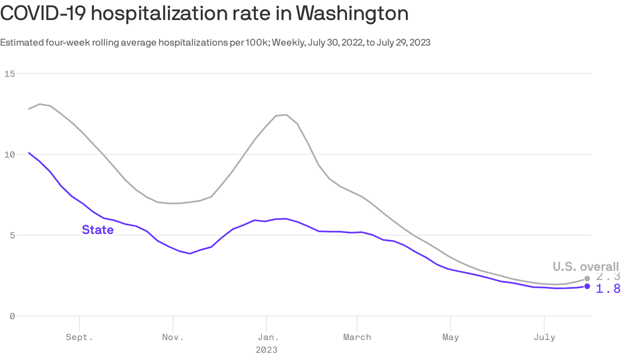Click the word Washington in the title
coord(352,13)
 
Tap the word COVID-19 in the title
coord(43,13)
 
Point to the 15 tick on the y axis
coord(10,74)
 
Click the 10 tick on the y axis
coord(10,155)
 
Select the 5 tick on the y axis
coord(12,235)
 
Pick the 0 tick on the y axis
coord(12,316)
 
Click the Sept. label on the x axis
coord(79,337)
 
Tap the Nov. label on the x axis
coord(173,337)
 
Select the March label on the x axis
coord(357,337)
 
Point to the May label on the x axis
coord(450,337)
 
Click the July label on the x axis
coord(544,337)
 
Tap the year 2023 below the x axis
coord(266,350)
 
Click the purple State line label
coord(98,230)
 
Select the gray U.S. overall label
coord(586,267)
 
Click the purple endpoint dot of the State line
coord(587,286)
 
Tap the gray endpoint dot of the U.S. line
coord(587,279)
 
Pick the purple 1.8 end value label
coord(608,289)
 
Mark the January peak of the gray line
coord(286,115)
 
